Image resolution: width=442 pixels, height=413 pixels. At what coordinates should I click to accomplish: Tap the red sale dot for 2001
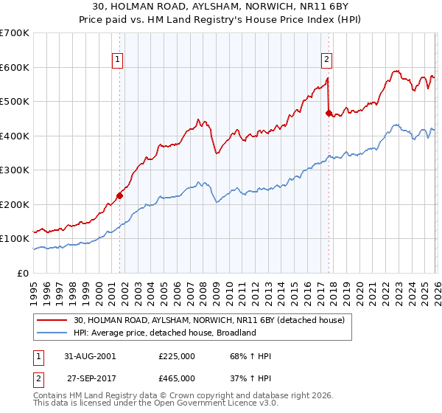[x=119, y=195]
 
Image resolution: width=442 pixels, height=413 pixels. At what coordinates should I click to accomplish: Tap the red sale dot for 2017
[x=329, y=113]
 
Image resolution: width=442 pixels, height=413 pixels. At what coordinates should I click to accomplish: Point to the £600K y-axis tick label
[x=15, y=67]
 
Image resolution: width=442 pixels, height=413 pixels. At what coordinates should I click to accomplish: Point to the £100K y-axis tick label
[x=15, y=239]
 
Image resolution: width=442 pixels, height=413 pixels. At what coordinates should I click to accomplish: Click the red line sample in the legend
[x=53, y=320]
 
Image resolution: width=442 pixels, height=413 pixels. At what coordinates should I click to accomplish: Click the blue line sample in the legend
[x=53, y=333]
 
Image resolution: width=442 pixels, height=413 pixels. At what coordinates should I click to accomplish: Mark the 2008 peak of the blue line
[x=199, y=182]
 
